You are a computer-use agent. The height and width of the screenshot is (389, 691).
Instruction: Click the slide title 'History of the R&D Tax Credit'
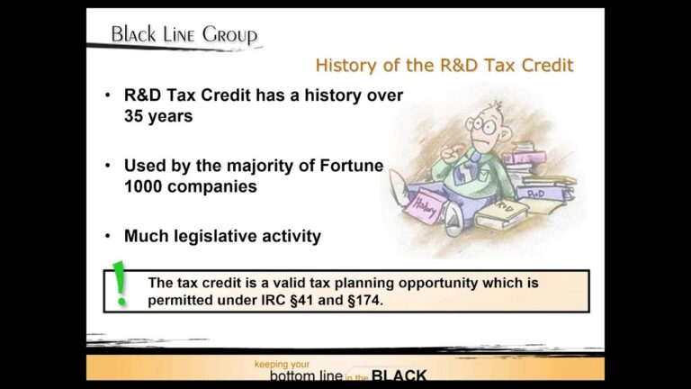pyautogui.click(x=444, y=66)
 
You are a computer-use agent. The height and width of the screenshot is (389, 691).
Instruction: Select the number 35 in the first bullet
pyautogui.click(x=135, y=116)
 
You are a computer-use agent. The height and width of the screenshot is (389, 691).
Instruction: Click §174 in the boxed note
pyautogui.click(x=363, y=299)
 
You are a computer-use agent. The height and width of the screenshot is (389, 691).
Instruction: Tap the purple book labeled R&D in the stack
pyautogui.click(x=537, y=194)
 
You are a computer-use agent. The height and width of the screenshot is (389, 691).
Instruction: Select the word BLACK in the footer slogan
pyautogui.click(x=399, y=375)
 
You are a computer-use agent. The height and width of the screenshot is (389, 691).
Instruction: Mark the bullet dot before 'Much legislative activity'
pyautogui.click(x=108, y=237)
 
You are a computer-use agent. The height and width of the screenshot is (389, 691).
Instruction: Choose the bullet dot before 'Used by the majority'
pyautogui.click(x=108, y=166)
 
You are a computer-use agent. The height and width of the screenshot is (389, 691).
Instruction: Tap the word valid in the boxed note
pyautogui.click(x=261, y=281)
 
